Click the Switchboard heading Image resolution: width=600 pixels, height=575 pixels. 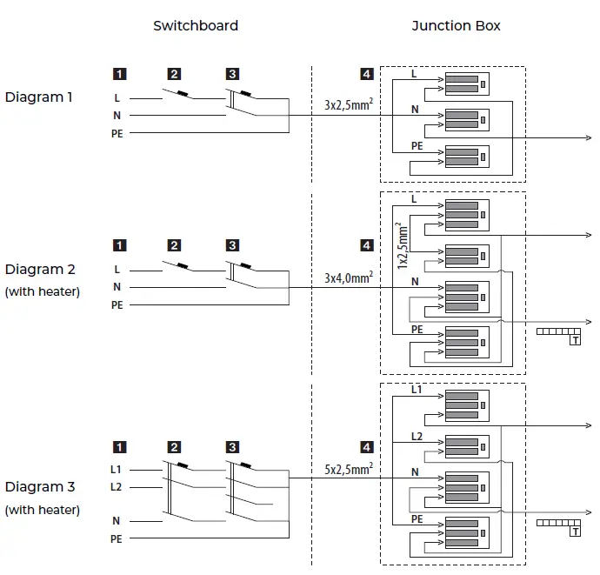click(x=196, y=26)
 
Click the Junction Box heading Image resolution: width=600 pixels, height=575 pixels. click(x=456, y=26)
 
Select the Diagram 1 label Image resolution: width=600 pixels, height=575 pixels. click(x=39, y=97)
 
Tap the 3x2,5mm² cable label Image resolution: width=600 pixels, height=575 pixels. click(x=349, y=106)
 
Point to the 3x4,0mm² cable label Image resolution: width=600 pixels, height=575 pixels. click(x=349, y=277)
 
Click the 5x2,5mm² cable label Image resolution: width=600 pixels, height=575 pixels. click(x=349, y=469)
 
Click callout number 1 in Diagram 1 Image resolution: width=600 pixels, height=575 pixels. click(x=119, y=75)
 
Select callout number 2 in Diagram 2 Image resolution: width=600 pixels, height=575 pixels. click(x=175, y=245)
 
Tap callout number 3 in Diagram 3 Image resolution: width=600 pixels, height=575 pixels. click(x=232, y=447)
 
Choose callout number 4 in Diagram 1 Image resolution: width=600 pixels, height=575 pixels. click(x=367, y=75)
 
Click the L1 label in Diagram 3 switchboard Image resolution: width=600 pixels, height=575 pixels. click(x=116, y=470)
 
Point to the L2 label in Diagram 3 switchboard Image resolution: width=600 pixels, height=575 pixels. click(x=116, y=487)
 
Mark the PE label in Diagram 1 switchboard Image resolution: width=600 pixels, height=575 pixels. click(x=117, y=133)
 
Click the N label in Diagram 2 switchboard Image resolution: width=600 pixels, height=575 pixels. click(x=117, y=287)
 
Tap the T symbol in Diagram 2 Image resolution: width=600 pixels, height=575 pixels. click(x=575, y=340)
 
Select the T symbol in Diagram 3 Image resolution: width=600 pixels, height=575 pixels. click(x=575, y=532)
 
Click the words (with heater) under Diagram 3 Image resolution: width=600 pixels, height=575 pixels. click(x=42, y=510)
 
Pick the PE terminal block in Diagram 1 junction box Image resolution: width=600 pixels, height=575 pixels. click(x=465, y=157)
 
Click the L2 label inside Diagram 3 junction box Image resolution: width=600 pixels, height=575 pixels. click(x=417, y=434)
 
